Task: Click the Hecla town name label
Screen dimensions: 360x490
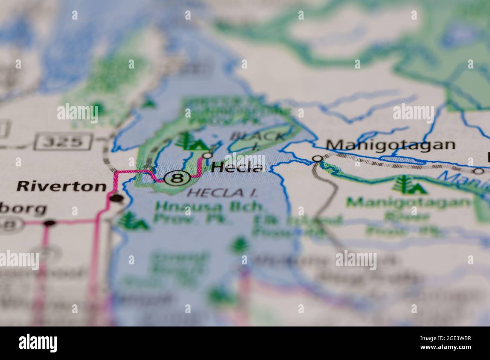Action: tap(237, 167)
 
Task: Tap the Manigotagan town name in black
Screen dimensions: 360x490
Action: tap(390, 145)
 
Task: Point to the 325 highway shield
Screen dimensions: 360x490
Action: tap(63, 142)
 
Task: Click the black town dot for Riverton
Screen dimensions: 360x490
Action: tap(116, 198)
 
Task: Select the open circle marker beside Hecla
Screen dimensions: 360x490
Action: tap(208, 155)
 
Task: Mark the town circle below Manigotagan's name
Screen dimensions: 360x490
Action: tap(318, 159)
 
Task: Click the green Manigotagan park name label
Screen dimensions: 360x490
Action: tap(409, 203)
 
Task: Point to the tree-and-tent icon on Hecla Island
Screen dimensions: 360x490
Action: tap(192, 142)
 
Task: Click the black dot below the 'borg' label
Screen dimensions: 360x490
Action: tap(49, 223)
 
